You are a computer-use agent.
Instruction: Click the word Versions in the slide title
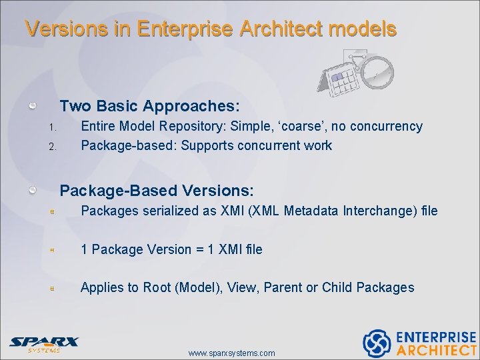tap(56, 29)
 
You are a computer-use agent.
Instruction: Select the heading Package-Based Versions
tap(157, 191)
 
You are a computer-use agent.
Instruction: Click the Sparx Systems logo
tap(44, 343)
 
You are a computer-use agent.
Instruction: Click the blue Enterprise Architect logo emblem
tap(377, 343)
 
